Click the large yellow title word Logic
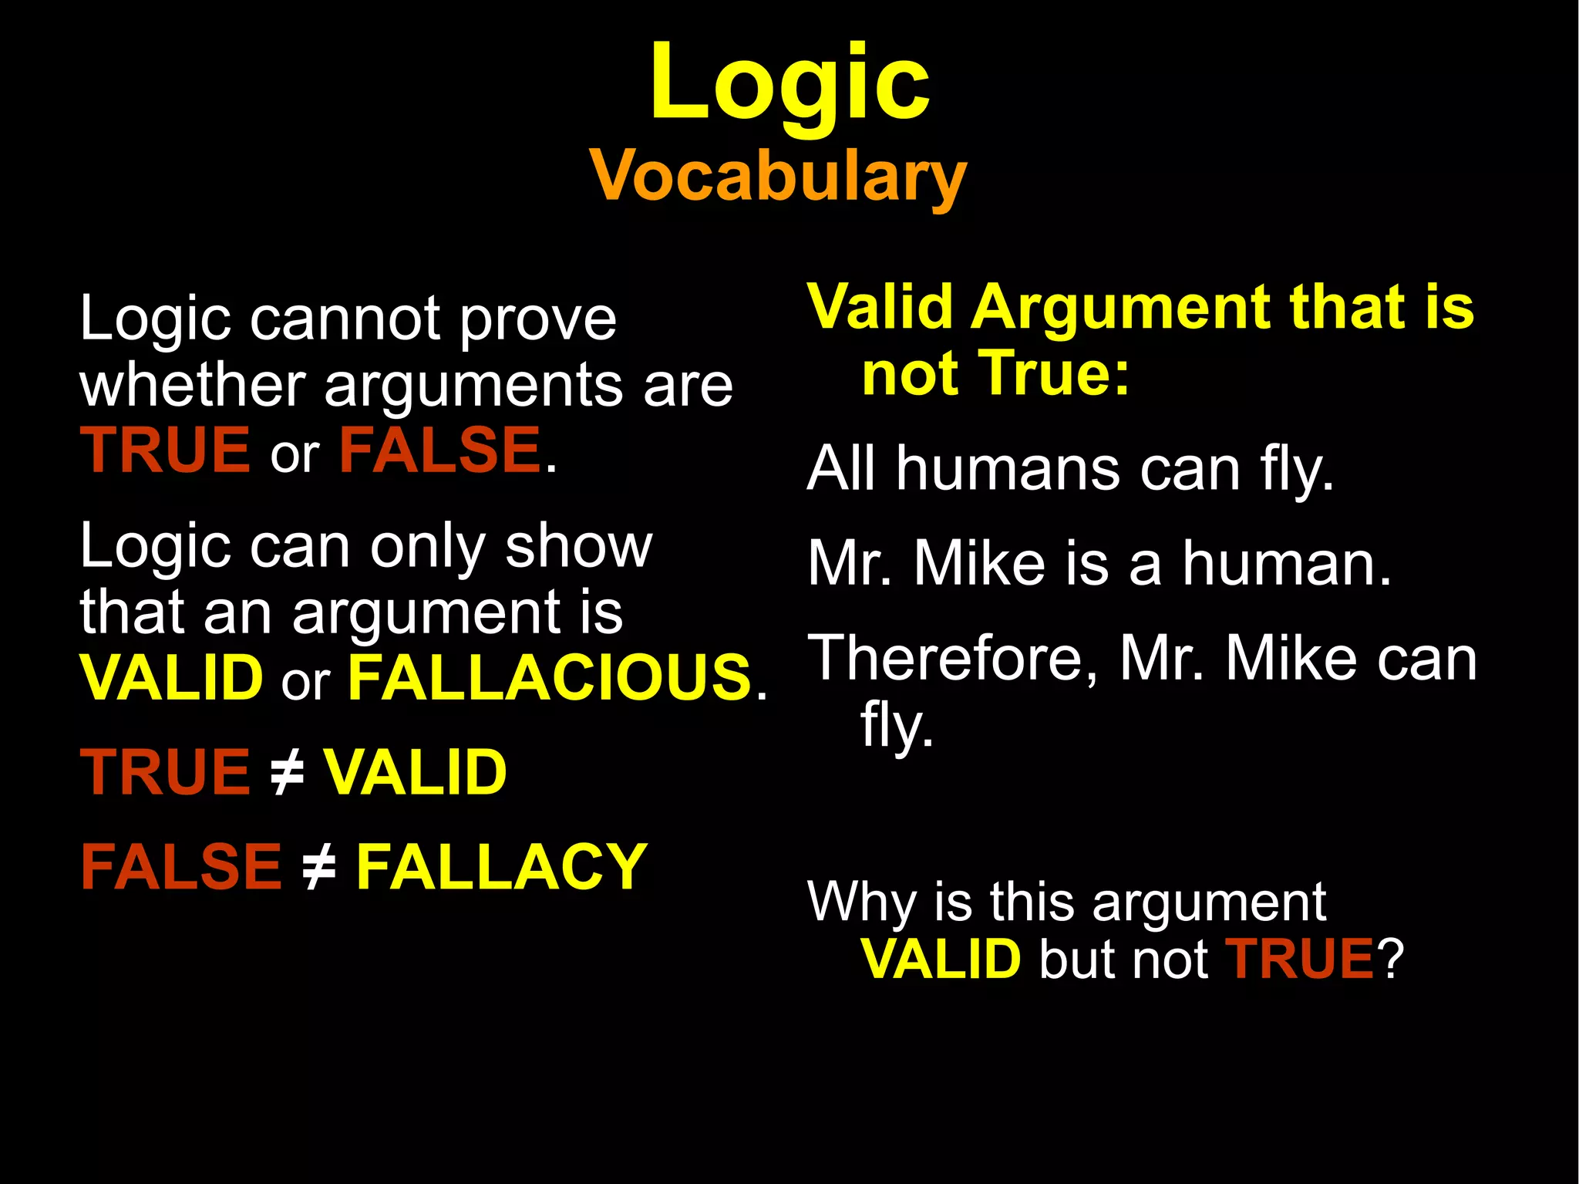tap(789, 83)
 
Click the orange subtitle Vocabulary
tap(778, 177)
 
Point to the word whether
tap(193, 385)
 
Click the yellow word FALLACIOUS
tap(550, 678)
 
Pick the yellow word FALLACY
tap(501, 867)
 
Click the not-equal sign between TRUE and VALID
tap(287, 772)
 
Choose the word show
tap(578, 547)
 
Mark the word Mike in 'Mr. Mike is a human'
tap(979, 564)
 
